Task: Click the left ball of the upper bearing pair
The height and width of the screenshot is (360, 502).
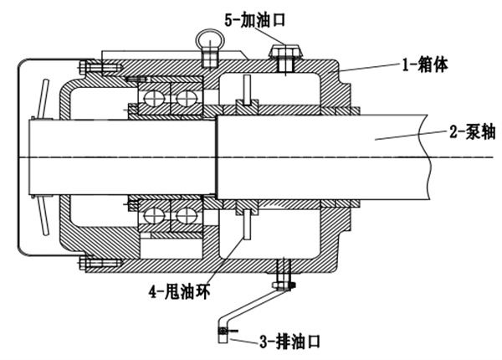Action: pos(153,99)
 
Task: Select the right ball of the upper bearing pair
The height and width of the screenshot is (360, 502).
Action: pos(181,99)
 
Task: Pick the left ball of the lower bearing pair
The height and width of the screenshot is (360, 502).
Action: pos(153,215)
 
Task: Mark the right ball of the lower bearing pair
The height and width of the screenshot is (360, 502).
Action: pos(181,215)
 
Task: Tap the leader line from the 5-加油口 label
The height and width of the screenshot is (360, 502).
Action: pos(272,33)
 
